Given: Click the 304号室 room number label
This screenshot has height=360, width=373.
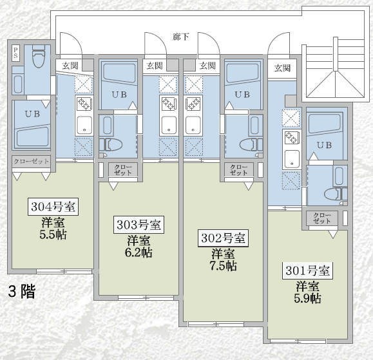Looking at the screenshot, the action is tap(53, 207).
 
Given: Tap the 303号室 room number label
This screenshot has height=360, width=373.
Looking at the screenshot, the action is tap(139, 225).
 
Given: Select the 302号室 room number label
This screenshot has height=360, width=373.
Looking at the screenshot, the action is tap(223, 238).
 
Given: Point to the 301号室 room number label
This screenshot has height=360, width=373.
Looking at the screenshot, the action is tap(307, 270).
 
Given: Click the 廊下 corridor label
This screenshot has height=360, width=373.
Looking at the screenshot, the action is tap(181, 37).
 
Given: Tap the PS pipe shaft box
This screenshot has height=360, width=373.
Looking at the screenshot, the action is tap(15, 53).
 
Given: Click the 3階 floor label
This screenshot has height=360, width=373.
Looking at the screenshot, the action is tap(22, 292).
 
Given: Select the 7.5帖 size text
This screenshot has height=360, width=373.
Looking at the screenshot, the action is tap(223, 266).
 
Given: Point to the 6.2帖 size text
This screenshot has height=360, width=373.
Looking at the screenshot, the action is tap(139, 252).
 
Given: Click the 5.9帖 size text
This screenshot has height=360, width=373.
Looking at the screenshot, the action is tap(307, 298).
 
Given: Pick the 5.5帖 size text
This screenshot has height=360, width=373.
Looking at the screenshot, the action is tap(53, 234).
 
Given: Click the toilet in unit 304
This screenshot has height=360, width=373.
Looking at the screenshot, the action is tap(39, 57).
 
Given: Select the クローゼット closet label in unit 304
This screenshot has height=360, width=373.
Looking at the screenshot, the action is tap(31, 162).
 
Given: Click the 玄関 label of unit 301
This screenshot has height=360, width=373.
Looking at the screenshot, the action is tap(282, 68).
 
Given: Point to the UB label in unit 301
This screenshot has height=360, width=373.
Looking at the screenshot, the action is tap(325, 145).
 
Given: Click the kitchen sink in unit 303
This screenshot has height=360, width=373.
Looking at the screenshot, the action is tap(169, 124).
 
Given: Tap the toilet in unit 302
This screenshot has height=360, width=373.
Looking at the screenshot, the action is tap(251, 144).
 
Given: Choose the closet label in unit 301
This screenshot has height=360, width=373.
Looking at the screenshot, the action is tap(322, 218).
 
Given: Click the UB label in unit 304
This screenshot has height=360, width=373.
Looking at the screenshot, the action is tap(32, 114).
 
